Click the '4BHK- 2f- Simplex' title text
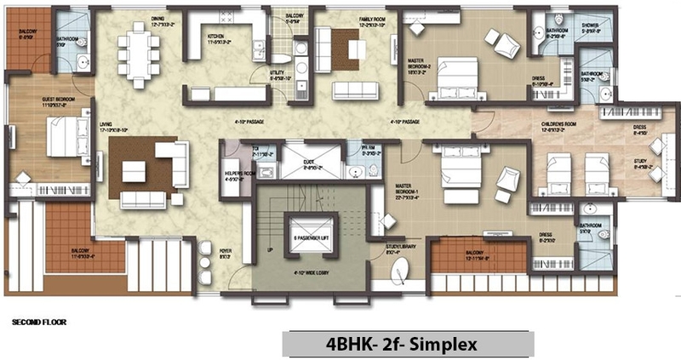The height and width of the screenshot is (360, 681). (408, 346)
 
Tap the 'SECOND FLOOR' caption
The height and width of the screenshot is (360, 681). (38, 323)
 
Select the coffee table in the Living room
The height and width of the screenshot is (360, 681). (134, 171)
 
